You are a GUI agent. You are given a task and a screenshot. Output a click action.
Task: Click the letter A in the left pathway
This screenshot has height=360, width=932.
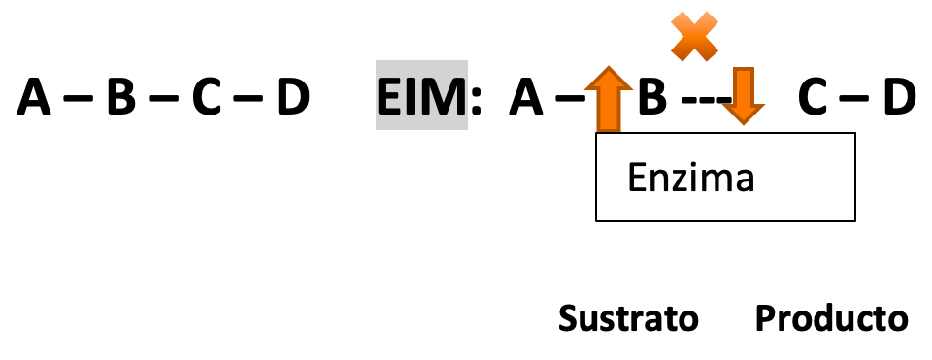[34, 97]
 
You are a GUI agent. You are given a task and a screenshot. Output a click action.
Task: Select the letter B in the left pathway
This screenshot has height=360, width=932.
[121, 97]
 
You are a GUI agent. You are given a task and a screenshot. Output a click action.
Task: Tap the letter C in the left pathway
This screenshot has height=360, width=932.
[206, 97]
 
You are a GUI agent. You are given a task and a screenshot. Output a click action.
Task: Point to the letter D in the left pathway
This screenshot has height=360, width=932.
[293, 97]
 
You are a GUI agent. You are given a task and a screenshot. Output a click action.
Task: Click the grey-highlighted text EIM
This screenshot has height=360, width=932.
[421, 97]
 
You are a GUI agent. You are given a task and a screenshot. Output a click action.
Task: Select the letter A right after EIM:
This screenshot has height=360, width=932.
[526, 97]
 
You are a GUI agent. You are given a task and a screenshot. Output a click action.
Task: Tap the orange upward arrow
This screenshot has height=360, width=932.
[608, 99]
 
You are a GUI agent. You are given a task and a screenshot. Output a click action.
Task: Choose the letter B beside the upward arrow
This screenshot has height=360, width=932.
[652, 97]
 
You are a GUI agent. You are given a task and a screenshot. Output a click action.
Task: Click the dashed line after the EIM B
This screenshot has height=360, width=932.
[706, 99]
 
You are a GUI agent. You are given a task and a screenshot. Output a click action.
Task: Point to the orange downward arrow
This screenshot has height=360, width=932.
[743, 95]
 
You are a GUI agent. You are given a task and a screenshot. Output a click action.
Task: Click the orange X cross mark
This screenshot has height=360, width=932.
[694, 36]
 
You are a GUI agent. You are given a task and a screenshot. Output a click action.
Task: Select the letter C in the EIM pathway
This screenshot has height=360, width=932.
[813, 97]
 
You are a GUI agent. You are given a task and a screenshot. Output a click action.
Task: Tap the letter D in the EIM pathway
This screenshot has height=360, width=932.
[899, 97]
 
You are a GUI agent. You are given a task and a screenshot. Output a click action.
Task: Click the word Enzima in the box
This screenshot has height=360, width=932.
[690, 177]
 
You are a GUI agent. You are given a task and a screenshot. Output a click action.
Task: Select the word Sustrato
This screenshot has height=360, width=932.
[628, 318]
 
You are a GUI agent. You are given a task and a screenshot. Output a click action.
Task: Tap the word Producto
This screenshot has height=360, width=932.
[832, 318]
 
